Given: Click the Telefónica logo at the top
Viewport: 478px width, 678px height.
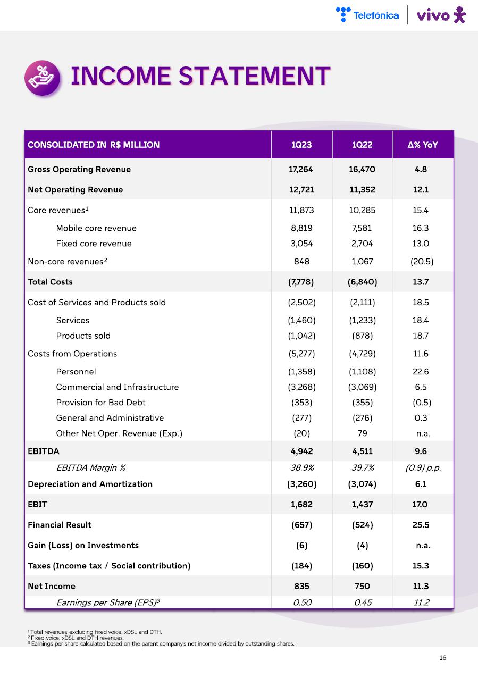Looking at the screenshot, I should click(367, 15).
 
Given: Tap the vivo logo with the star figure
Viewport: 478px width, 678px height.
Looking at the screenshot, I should click(441, 15).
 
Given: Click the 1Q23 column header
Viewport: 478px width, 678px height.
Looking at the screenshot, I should click(301, 145).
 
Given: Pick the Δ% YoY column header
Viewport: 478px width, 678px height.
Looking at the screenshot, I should click(423, 145).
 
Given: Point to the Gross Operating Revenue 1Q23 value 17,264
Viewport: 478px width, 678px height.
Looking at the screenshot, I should click(301, 170).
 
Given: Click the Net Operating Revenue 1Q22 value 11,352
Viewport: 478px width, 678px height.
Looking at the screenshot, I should click(362, 190).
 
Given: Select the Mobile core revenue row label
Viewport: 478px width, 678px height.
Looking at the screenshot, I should click(96, 228).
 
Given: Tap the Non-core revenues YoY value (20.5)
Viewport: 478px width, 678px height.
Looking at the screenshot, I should click(423, 262).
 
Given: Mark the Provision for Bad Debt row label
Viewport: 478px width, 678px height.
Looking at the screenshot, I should click(100, 403).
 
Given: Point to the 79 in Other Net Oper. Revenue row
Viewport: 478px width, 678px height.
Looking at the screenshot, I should click(362, 433).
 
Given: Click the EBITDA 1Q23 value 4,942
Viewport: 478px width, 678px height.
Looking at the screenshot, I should click(301, 451).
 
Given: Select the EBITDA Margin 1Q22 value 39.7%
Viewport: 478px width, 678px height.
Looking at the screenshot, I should click(362, 468).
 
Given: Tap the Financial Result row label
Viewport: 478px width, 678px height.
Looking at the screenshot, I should click(60, 525).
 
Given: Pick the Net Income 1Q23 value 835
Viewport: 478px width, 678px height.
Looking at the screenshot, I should click(301, 587).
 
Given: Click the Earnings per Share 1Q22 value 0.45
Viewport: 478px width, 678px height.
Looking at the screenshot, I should click(362, 602).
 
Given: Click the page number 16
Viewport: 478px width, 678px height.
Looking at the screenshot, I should click(443, 658).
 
